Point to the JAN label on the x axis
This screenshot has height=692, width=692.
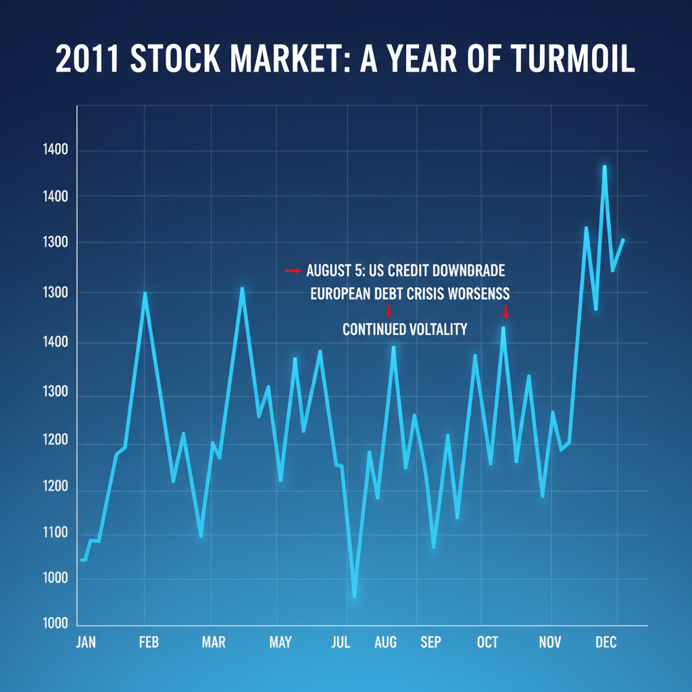[x=86, y=642]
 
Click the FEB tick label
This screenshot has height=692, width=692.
[x=149, y=642]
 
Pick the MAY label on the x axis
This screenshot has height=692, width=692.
[x=280, y=642]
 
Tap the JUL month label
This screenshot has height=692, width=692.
[x=341, y=642]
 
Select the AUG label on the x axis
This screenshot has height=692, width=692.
[x=386, y=642]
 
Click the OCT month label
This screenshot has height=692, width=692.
[x=487, y=642]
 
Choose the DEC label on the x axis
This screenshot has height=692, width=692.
[x=605, y=642]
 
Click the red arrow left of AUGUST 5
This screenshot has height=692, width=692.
[x=292, y=271]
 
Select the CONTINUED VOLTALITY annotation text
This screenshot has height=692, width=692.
[x=404, y=330]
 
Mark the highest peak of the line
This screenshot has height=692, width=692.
[x=604, y=166]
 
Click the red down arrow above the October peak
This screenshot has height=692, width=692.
[x=505, y=312]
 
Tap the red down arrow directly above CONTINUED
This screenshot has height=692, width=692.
[x=388, y=311]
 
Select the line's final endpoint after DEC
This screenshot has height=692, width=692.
[x=623, y=240]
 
